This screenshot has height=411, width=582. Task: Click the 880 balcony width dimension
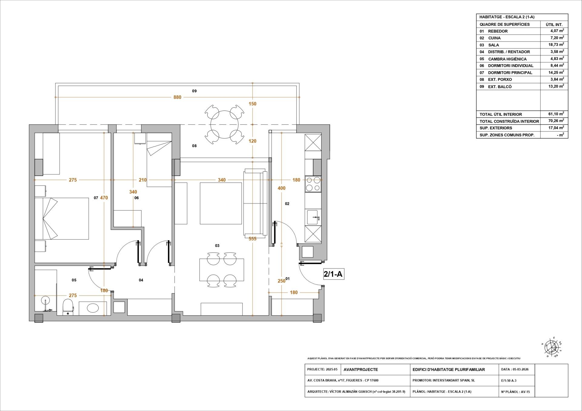[177, 97]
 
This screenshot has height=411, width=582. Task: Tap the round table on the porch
[224, 125]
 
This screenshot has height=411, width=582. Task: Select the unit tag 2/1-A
[333, 274]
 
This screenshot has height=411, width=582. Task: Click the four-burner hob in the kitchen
[313, 184]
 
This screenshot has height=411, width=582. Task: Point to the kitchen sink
[313, 217]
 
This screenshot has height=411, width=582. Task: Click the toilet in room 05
[68, 307]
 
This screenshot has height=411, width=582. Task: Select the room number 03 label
[217, 246]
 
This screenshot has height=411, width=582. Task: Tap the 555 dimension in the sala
[252, 239]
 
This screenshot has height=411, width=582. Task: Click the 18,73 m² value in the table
[557, 45]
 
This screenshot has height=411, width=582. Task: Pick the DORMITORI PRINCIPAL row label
[510, 73]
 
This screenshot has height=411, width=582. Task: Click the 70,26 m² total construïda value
[557, 121]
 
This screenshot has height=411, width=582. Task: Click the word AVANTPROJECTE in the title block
[361, 370]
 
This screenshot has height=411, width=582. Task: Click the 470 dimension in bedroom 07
[104, 198]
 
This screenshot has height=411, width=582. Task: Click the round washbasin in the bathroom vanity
[93, 308]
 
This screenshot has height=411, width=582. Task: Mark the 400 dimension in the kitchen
[281, 188]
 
